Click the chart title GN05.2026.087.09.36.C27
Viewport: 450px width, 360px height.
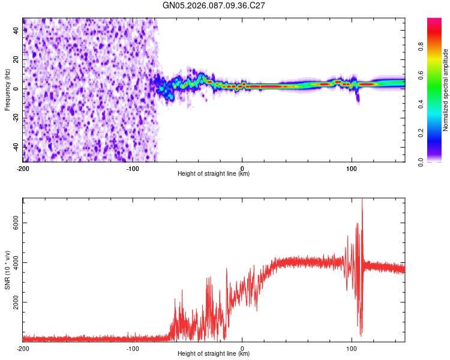(x=214, y=5)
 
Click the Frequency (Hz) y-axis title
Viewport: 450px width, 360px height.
(x=7, y=89)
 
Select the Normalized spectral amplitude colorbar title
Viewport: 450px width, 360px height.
(x=445, y=91)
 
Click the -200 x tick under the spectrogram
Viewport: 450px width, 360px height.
(x=23, y=168)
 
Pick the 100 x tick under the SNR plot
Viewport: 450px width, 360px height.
(x=352, y=348)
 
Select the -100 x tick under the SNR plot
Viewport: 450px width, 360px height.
(x=133, y=348)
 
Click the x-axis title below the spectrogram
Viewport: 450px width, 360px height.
(x=214, y=174)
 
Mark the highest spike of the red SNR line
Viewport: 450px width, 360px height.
(x=362, y=200)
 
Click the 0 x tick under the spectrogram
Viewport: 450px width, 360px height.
(x=242, y=168)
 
